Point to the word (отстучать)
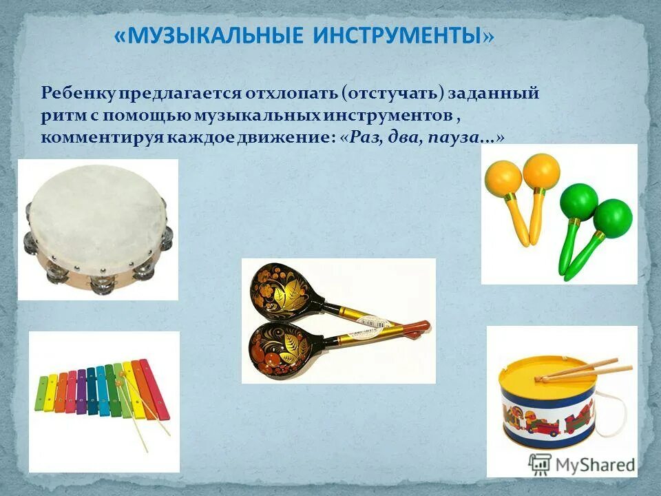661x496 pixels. pyautogui.click(x=390, y=93)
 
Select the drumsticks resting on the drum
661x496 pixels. pyautogui.click(x=585, y=370)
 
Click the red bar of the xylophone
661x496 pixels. pyautogui.click(x=154, y=389)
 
